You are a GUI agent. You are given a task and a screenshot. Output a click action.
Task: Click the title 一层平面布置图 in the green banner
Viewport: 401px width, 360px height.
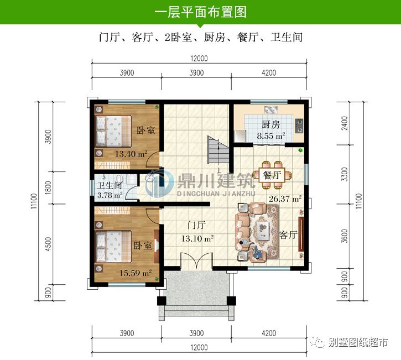click(200, 12)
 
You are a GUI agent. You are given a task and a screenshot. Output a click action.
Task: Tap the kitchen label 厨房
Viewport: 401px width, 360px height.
click(270, 124)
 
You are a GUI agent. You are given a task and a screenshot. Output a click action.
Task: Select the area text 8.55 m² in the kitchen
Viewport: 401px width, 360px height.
click(270, 135)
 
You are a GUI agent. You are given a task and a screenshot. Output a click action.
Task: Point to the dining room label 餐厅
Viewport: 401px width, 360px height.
click(272, 175)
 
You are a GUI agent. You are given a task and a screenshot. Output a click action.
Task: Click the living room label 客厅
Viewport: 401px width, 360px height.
click(289, 234)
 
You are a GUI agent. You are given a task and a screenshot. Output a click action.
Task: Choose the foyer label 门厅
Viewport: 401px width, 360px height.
click(196, 226)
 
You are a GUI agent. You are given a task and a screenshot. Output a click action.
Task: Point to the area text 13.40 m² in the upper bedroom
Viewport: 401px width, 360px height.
click(131, 154)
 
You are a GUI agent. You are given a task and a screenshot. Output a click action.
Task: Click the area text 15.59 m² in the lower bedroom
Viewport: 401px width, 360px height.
click(136, 272)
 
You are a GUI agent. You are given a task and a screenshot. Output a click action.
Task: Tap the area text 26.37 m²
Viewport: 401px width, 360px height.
click(285, 199)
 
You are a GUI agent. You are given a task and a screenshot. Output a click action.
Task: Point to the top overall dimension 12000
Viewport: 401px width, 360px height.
click(200, 59)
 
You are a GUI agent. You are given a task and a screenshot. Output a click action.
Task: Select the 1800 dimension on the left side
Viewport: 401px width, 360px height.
click(48, 189)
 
